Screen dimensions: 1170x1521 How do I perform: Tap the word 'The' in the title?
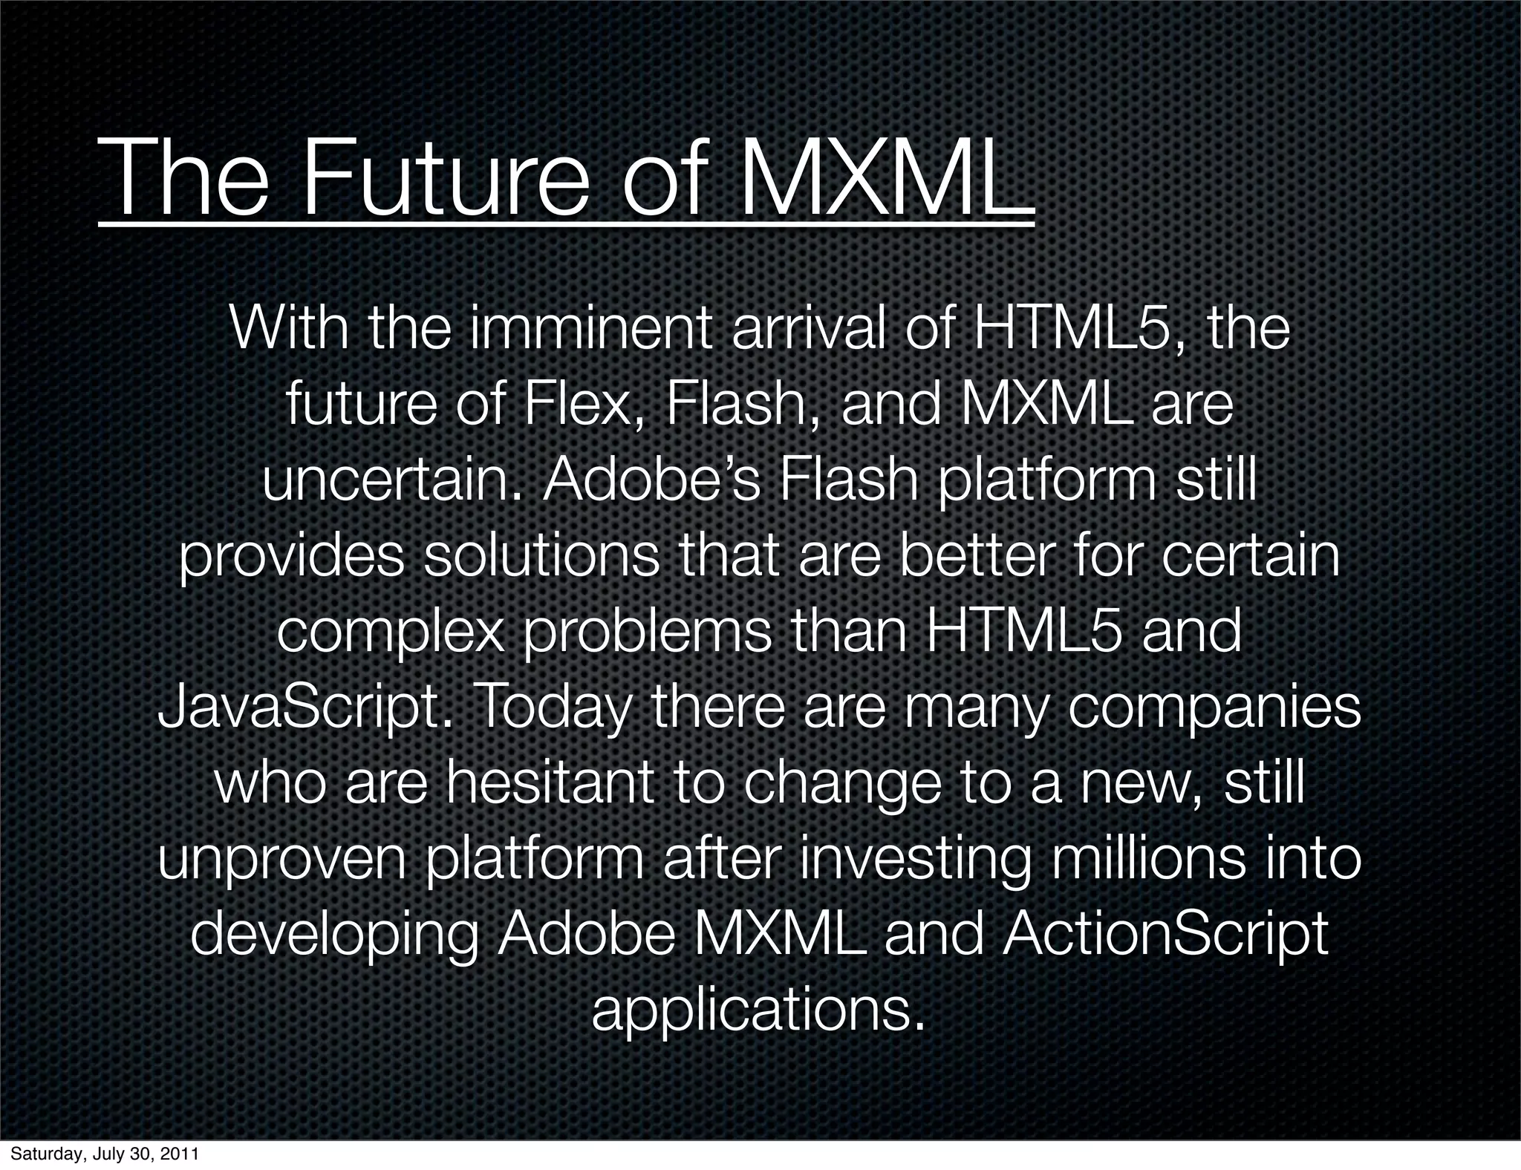pos(183,177)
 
